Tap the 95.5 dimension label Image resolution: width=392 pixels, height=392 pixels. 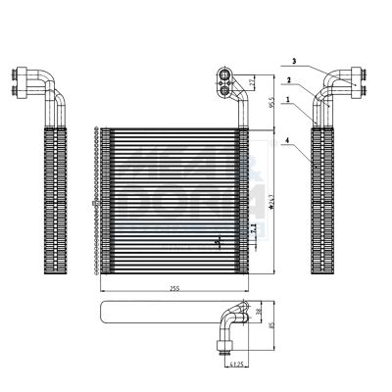click(270, 102)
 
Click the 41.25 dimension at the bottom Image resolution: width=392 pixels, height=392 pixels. click(236, 365)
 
